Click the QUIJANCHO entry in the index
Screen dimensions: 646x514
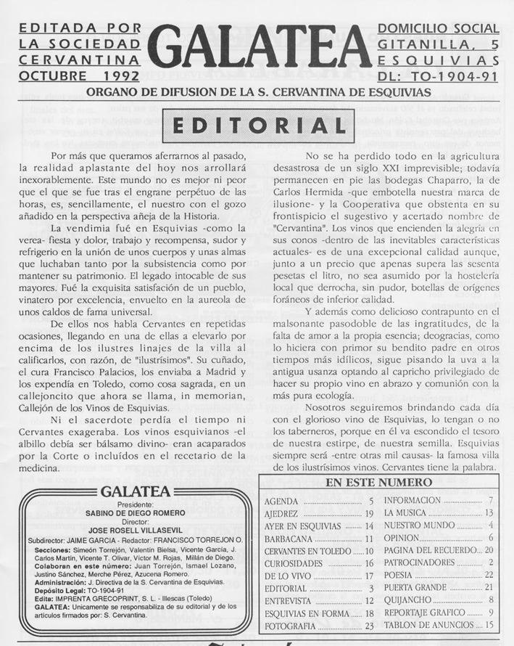[407, 600]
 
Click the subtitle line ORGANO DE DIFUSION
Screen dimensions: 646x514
[258, 92]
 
